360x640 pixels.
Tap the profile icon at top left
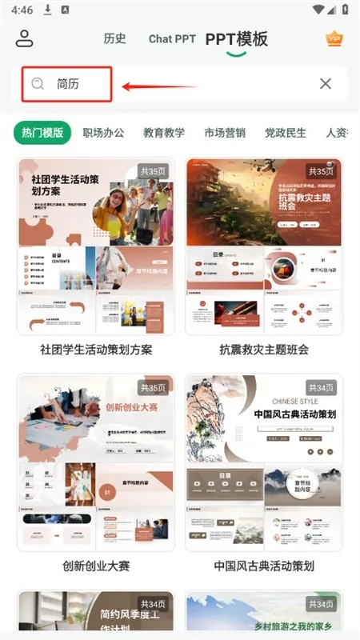[x=24, y=38]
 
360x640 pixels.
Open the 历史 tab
[x=114, y=38]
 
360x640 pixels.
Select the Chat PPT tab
[x=172, y=38]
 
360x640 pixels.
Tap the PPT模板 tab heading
[x=236, y=38]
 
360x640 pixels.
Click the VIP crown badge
[x=334, y=38]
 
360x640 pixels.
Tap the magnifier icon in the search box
[x=38, y=83]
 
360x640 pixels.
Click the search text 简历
[x=68, y=83]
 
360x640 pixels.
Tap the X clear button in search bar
[x=326, y=83]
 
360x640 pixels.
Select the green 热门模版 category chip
[x=42, y=133]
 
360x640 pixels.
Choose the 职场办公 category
[x=103, y=133]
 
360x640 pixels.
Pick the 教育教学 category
[x=164, y=133]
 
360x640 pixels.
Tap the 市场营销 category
[x=225, y=133]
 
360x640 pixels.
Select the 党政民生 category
[x=286, y=133]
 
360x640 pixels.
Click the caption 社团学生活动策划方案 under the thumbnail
[x=96, y=350]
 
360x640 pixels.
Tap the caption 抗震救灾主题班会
[x=264, y=350]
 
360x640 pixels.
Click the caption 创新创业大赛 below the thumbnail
[x=96, y=566]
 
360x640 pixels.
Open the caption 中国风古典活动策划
[x=264, y=566]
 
